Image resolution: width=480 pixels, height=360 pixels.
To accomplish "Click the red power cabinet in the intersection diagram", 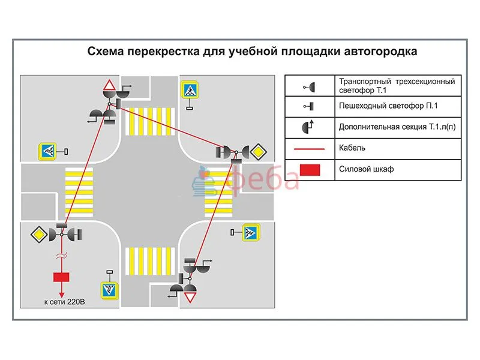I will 61,277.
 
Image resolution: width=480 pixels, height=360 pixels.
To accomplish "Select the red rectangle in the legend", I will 310,170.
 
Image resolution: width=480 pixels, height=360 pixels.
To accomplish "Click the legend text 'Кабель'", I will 352,148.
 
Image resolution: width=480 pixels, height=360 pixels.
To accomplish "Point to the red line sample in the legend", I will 310,148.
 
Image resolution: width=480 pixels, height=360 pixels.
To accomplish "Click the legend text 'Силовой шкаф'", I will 366,169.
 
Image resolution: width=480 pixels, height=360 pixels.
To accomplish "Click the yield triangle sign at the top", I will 110,85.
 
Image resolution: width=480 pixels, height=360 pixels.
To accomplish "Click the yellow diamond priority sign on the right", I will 258,151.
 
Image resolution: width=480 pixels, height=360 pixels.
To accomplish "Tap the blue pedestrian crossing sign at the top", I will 190,90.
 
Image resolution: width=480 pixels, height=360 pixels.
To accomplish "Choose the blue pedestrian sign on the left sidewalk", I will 47,151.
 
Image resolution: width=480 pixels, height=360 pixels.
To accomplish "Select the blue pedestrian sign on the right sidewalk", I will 250,232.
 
